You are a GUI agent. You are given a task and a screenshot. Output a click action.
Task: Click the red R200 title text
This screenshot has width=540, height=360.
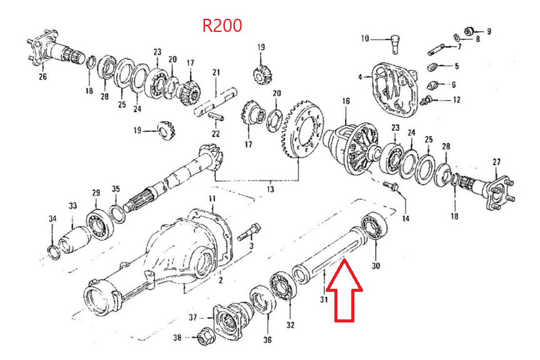(222, 26)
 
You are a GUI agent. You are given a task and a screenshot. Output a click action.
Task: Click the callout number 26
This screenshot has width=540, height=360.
(42, 77)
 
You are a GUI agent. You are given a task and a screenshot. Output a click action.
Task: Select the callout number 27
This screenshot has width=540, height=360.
(496, 162)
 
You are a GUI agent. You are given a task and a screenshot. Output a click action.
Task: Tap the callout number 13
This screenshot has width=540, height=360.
(269, 187)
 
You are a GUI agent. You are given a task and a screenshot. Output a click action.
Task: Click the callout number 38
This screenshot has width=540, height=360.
(177, 339)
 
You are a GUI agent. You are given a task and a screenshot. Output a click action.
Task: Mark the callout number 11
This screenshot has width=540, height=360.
(212, 199)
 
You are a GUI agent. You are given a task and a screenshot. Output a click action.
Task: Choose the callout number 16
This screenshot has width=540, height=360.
(346, 101)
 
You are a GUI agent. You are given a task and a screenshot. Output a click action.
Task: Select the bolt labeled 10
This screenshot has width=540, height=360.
(394, 44)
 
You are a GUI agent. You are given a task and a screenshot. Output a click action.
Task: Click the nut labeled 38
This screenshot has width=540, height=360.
(202, 339)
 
